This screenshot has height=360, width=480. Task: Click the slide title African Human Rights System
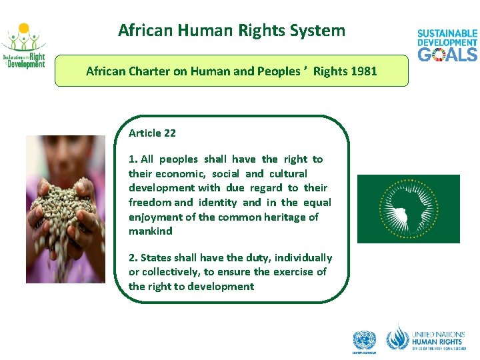point(231,31)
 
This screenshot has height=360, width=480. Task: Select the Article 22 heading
point(152,133)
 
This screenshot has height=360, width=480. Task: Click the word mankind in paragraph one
point(150,231)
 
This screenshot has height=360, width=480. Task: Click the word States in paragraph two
point(155,258)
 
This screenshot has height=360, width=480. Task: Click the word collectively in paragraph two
point(173,272)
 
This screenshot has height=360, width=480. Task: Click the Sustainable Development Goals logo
point(447,45)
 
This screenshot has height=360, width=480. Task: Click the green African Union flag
point(408,209)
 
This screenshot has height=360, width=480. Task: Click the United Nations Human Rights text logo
point(437,339)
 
